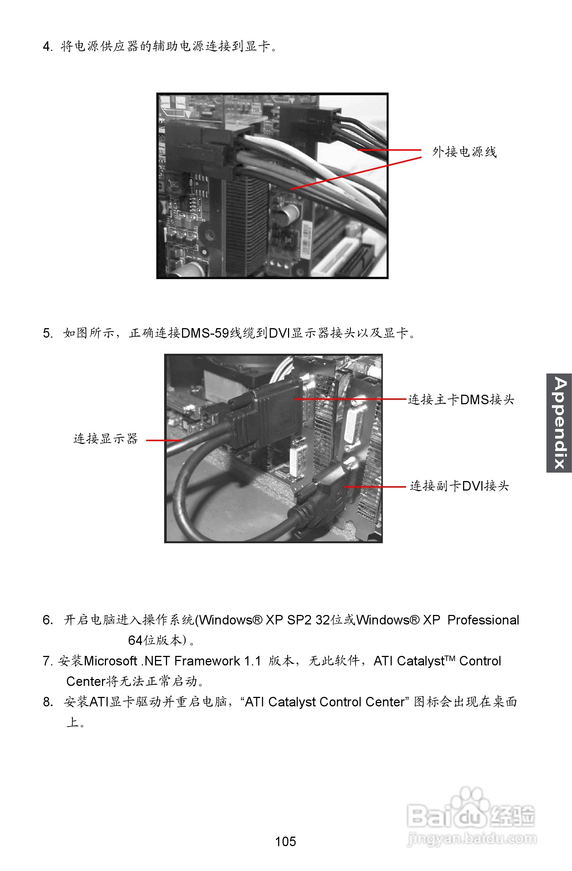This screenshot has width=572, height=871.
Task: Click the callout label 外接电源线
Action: click(464, 151)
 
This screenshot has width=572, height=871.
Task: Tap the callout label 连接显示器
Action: click(106, 438)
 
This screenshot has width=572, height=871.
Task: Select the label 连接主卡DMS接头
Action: click(461, 399)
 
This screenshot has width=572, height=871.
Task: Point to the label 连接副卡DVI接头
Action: click(459, 486)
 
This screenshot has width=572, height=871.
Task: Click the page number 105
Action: click(285, 841)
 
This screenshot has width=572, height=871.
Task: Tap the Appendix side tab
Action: click(559, 423)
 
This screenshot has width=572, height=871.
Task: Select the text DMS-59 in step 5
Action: click(205, 333)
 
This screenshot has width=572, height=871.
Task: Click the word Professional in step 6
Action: click(483, 620)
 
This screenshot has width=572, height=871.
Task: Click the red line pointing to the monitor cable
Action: click(163, 440)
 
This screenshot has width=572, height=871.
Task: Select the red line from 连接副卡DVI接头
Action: click(375, 487)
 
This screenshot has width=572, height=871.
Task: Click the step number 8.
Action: click(48, 702)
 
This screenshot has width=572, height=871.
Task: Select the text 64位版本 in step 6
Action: click(155, 641)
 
